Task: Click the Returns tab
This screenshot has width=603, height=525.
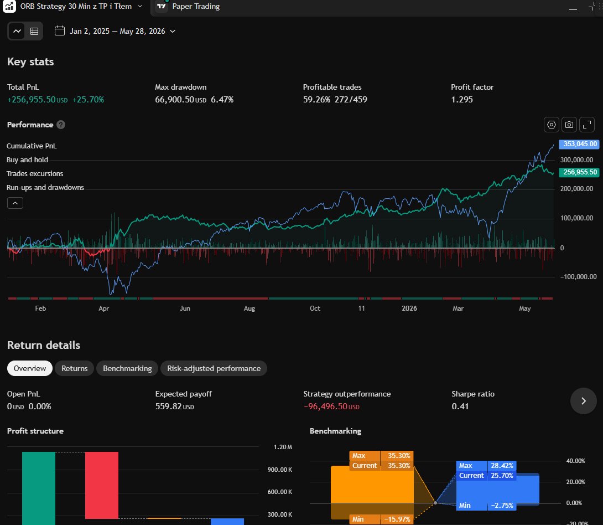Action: tap(74, 368)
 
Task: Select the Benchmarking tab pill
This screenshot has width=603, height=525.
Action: tap(127, 368)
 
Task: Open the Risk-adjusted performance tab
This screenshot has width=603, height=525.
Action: tap(214, 368)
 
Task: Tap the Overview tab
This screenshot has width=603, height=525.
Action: tap(30, 368)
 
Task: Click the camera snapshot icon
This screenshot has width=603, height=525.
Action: tap(569, 125)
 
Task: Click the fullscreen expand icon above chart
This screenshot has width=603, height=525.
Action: tap(587, 125)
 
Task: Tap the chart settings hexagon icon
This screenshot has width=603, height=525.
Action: tap(552, 125)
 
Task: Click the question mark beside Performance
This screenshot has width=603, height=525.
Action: tap(61, 125)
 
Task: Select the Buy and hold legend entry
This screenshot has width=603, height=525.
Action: tap(27, 159)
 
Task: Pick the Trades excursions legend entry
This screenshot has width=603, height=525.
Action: tap(35, 173)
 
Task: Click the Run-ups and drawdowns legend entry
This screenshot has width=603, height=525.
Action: tap(45, 187)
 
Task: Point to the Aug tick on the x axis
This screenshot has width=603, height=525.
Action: tap(249, 308)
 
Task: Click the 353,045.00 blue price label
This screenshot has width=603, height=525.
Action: tap(579, 144)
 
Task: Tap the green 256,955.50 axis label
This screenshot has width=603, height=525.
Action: tap(579, 172)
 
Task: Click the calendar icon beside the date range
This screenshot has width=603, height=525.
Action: tap(60, 31)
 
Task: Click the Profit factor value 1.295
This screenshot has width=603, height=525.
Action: tap(462, 99)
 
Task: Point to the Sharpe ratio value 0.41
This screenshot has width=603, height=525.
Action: tap(460, 406)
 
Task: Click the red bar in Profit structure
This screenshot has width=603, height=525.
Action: tap(102, 485)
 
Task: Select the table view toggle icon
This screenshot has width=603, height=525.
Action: tap(34, 31)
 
